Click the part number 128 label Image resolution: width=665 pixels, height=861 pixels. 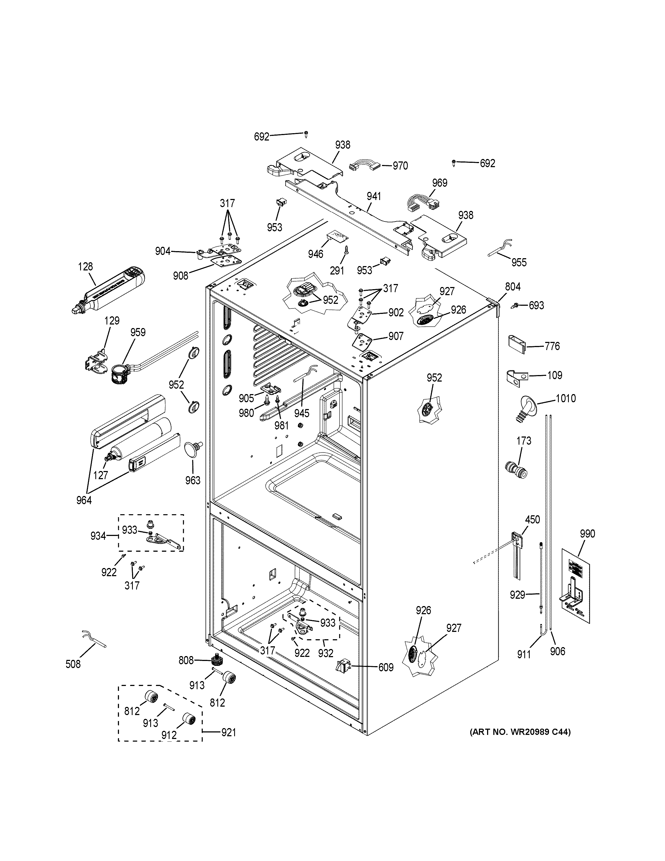click(x=86, y=267)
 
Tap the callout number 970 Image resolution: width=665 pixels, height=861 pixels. click(x=400, y=166)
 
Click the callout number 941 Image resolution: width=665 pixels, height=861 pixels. click(x=374, y=196)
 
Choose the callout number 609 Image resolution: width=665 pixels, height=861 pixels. click(x=386, y=667)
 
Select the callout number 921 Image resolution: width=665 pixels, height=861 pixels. click(x=228, y=732)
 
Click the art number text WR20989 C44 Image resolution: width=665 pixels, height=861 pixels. click(x=520, y=732)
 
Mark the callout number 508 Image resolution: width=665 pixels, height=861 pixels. click(x=73, y=664)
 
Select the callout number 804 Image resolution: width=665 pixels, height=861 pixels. click(x=513, y=287)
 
